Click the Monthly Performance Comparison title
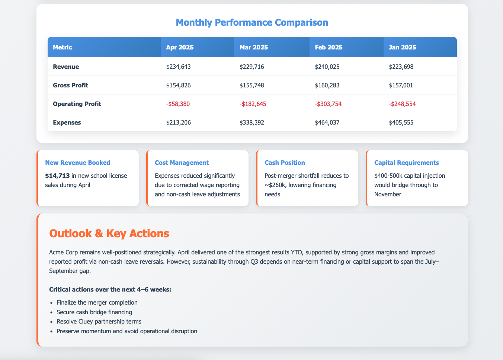click(252, 23)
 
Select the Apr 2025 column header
click(180, 47)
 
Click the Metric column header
click(63, 47)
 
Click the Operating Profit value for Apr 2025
click(178, 104)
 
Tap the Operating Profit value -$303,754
click(329, 104)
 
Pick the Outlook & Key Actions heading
click(109, 234)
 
